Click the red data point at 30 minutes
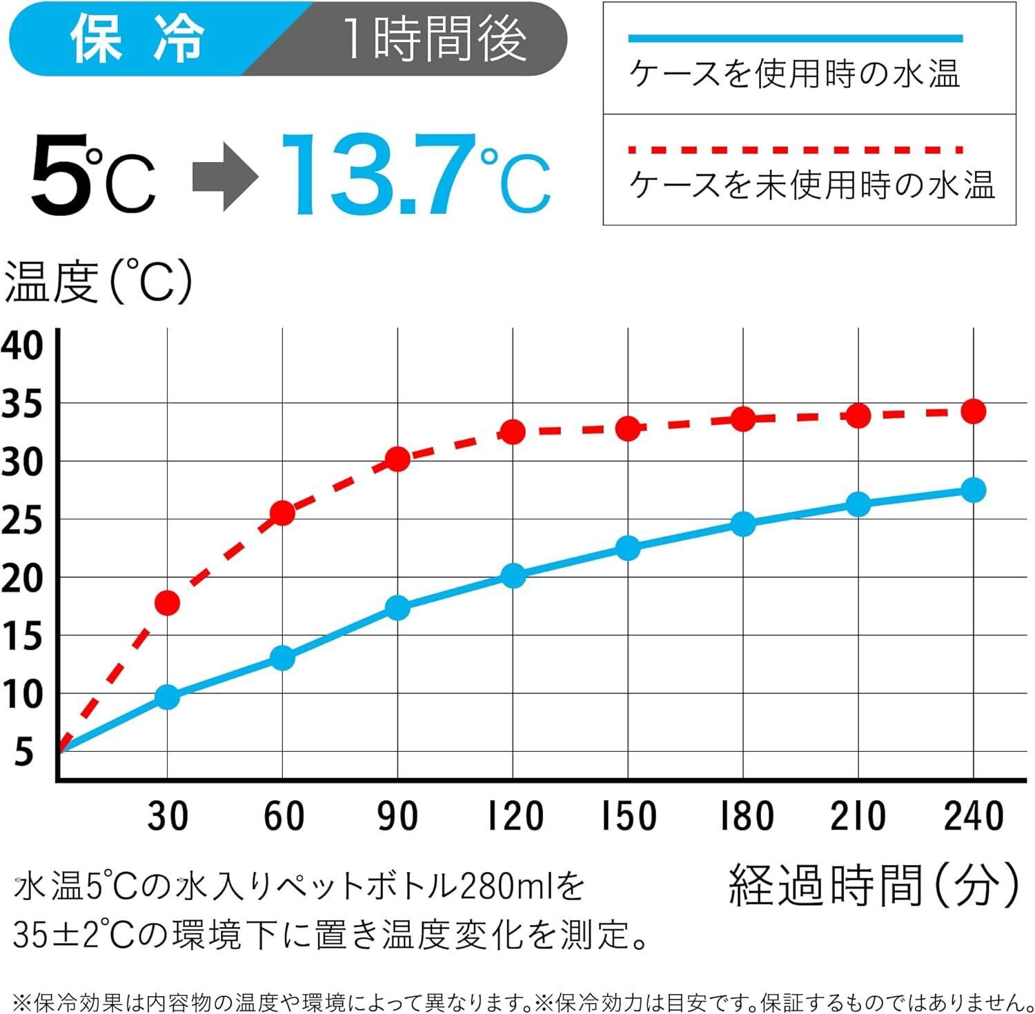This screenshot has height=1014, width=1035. (167, 603)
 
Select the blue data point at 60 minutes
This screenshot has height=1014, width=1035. (282, 658)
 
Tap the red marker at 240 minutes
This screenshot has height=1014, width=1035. (973, 412)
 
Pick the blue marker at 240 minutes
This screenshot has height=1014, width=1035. (973, 490)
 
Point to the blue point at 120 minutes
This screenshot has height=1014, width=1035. (513, 575)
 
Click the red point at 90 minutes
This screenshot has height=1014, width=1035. (397, 459)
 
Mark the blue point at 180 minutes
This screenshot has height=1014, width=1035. (743, 524)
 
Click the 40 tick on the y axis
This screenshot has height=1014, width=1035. (22, 345)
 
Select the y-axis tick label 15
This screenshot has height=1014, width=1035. (22, 636)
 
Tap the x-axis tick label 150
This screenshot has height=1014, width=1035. (628, 815)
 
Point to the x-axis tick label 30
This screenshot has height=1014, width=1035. (168, 815)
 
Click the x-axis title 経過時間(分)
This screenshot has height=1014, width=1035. (874, 886)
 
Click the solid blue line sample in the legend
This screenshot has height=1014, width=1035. (795, 39)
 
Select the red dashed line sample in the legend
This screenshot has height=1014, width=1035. (795, 149)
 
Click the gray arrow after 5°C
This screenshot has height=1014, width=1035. (224, 177)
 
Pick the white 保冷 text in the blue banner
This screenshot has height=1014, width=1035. (138, 39)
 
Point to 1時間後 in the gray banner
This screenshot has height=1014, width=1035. (435, 40)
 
